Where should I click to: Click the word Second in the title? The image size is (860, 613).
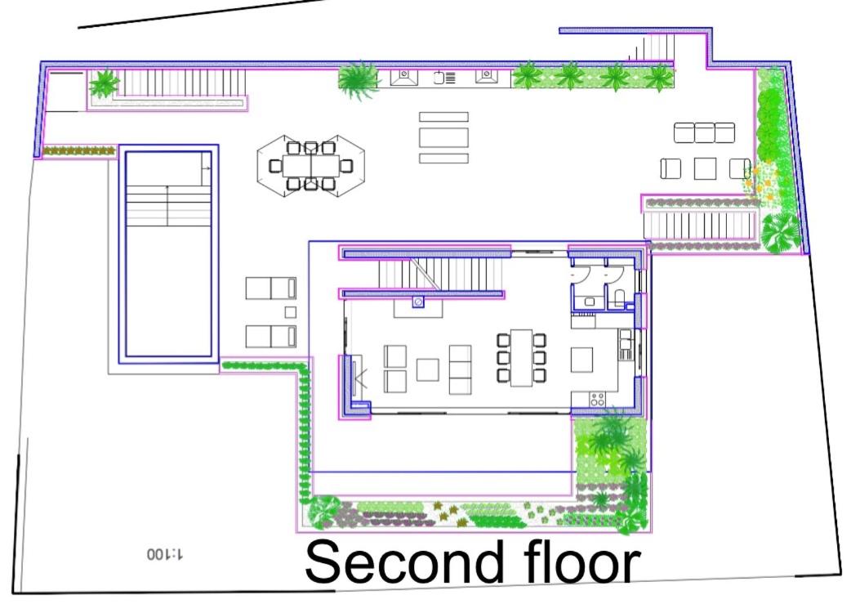(x=403, y=562)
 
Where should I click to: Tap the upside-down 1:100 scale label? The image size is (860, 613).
(x=166, y=553)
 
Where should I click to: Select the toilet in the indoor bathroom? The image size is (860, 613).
(x=619, y=298)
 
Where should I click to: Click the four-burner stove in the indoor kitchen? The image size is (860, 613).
(x=597, y=399)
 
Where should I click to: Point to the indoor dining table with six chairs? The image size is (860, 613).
(x=521, y=358)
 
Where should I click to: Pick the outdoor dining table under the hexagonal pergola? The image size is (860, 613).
(x=311, y=166)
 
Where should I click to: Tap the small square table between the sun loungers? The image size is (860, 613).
(x=291, y=312)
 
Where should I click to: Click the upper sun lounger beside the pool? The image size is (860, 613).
(x=271, y=289)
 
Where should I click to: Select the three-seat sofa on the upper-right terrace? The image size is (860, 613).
(x=704, y=132)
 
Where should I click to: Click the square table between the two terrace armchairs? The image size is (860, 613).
(x=705, y=168)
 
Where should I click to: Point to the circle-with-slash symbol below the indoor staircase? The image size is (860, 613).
(x=418, y=302)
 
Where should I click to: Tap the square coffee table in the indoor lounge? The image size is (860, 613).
(x=428, y=370)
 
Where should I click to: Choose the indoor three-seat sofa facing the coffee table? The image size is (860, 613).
(x=460, y=369)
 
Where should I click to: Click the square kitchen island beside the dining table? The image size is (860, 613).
(x=582, y=360)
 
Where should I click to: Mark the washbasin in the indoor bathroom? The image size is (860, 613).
(x=589, y=302)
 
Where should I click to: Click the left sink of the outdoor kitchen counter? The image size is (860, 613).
(x=404, y=76)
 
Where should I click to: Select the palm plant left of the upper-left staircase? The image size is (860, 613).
(x=104, y=83)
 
